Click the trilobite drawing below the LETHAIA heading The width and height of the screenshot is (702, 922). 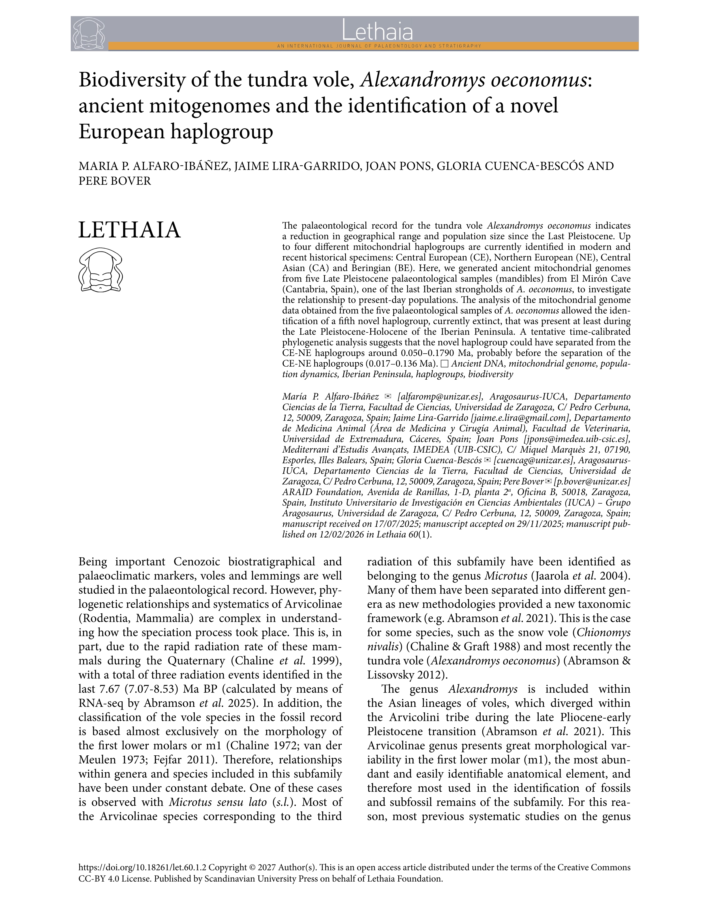click(100, 270)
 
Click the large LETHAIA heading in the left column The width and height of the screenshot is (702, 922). click(130, 231)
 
